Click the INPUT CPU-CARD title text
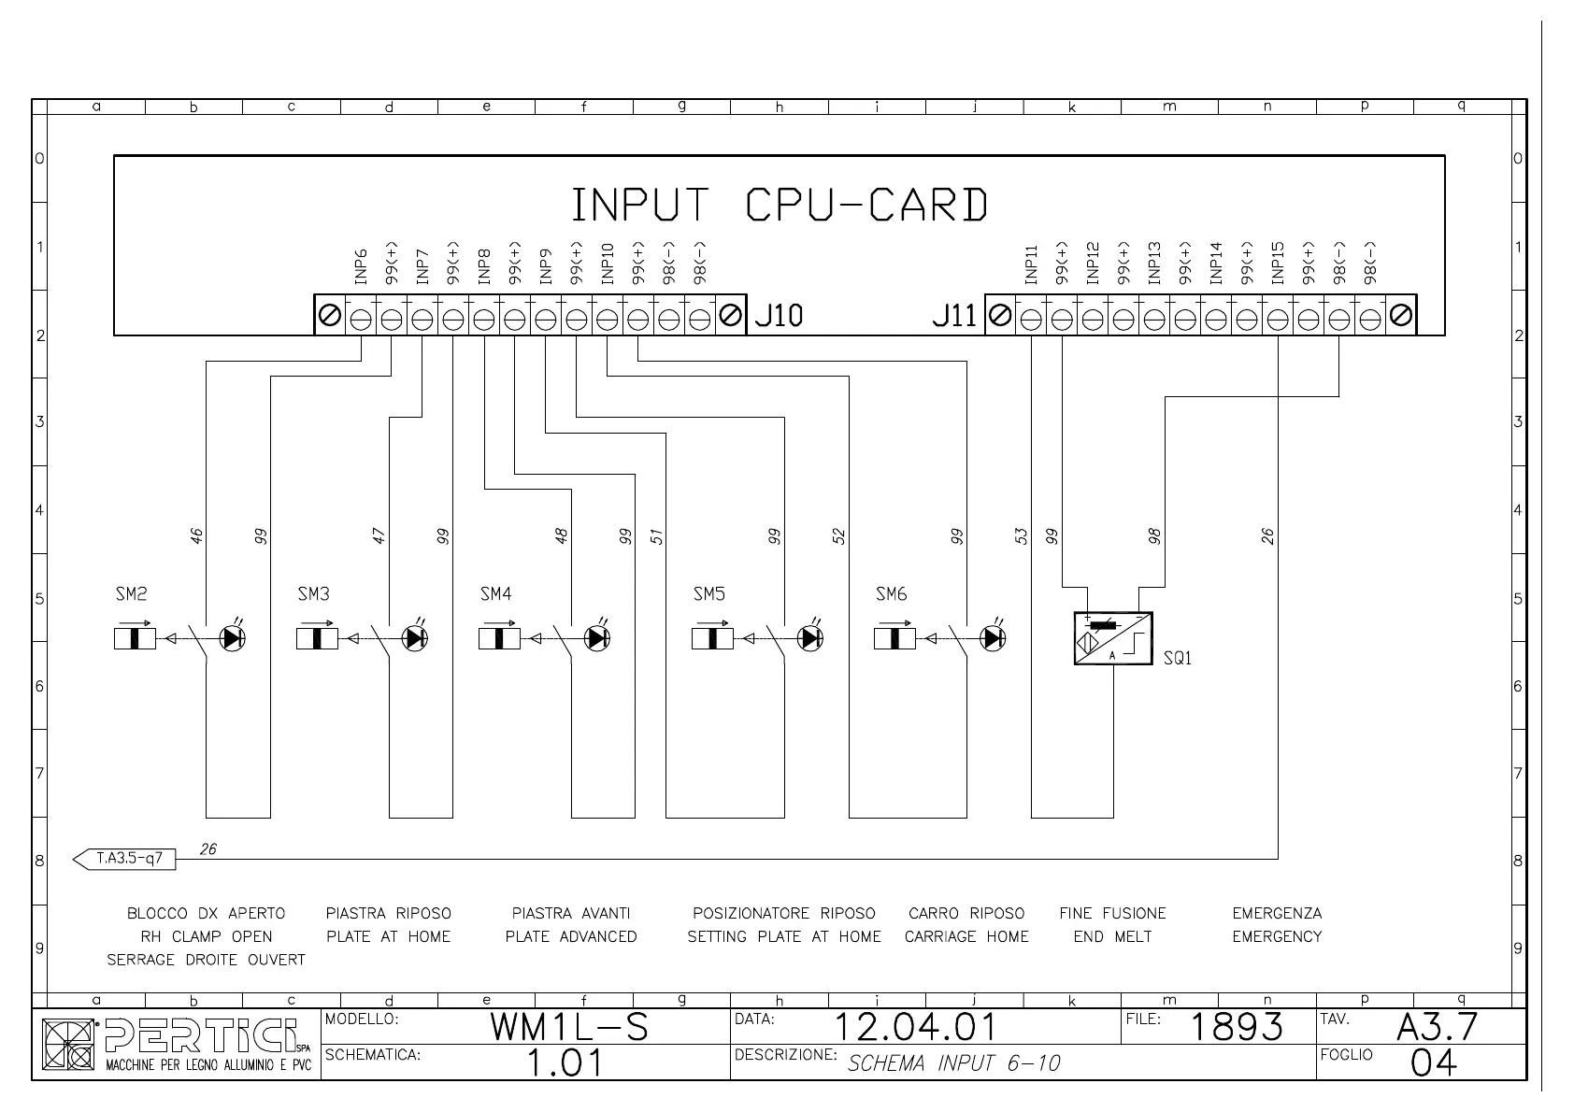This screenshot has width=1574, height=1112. pyautogui.click(x=779, y=205)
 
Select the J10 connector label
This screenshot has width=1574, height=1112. pyautogui.click(x=779, y=316)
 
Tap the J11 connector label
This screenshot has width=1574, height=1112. pyautogui.click(x=953, y=316)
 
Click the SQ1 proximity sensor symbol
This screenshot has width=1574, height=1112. pyautogui.click(x=1113, y=638)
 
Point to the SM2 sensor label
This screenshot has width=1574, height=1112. pyautogui.click(x=131, y=594)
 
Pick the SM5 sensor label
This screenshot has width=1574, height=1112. pyautogui.click(x=709, y=594)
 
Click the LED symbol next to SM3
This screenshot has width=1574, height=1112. pyautogui.click(x=414, y=638)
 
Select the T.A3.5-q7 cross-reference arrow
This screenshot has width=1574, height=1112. pyautogui.click(x=124, y=858)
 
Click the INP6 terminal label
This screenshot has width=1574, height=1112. pyautogui.click(x=361, y=265)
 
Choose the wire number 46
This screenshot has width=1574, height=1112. pyautogui.click(x=196, y=536)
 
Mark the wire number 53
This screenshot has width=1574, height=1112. pyautogui.click(x=1022, y=536)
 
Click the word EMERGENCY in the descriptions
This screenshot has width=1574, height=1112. pyautogui.click(x=1277, y=936)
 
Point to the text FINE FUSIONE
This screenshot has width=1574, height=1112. pyautogui.click(x=1112, y=913)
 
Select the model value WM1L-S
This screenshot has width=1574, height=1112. pyautogui.click(x=569, y=1028)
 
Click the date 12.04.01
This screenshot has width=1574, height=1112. pyautogui.click(x=916, y=1028)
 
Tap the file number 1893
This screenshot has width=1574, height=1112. pyautogui.click(x=1237, y=1028)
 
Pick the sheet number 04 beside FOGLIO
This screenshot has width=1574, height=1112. pyautogui.click(x=1433, y=1063)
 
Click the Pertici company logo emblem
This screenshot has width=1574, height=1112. pyautogui.click(x=69, y=1045)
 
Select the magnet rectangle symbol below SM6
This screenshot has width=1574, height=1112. pyautogui.click(x=894, y=638)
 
